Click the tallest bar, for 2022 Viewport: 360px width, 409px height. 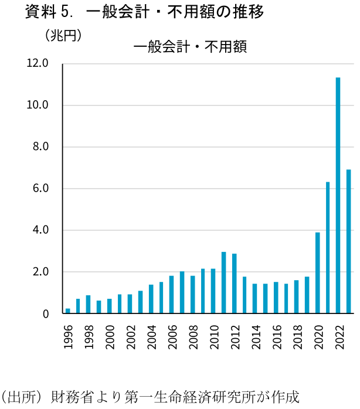coord(338,196)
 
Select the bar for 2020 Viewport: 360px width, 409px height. coord(317,273)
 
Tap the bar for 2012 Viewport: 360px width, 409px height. coord(235,284)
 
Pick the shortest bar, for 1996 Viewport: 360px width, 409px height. coord(68,311)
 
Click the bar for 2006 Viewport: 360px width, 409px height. coord(172,295)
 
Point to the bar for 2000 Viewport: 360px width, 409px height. coord(110,306)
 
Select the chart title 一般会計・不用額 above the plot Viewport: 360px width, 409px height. coord(190,47)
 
